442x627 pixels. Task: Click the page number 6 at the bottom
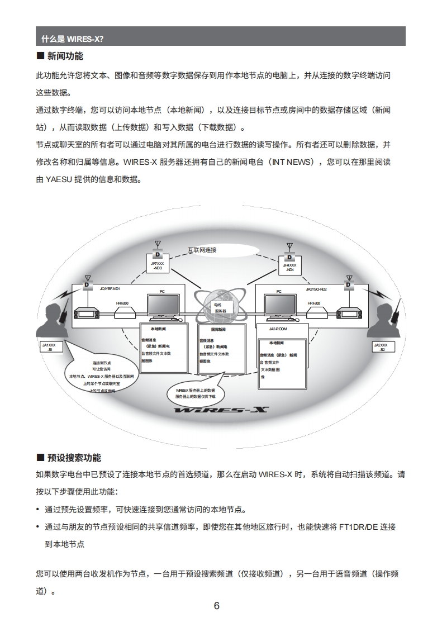click(x=217, y=606)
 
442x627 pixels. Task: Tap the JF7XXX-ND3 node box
click(x=158, y=265)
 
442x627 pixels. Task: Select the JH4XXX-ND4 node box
click(x=289, y=267)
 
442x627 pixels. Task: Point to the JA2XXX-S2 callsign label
click(x=383, y=348)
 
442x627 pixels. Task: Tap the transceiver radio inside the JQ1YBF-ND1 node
click(x=87, y=313)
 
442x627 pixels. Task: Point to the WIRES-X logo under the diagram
click(x=221, y=411)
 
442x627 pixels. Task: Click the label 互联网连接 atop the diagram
click(x=202, y=250)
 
